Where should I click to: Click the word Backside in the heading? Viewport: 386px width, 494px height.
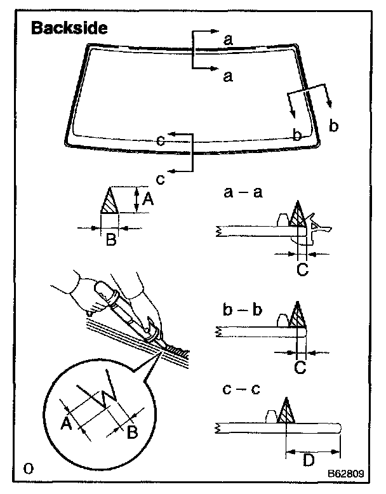70,29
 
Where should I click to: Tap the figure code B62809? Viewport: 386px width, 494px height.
346,474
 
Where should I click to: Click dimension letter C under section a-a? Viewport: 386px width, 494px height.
302,270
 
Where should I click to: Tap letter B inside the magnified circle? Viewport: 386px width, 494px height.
132,434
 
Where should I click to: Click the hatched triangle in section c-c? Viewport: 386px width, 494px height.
286,411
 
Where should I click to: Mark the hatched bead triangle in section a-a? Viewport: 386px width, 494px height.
297,215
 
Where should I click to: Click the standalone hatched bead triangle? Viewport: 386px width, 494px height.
109,202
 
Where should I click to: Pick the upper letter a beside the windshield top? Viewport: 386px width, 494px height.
228,39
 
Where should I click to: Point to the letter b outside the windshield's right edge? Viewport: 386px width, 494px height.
334,126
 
